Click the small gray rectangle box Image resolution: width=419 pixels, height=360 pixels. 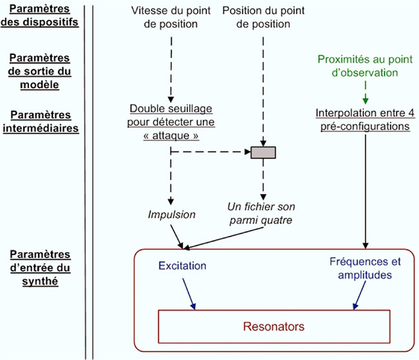point(263,153)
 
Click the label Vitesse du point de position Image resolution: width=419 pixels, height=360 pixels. point(170,19)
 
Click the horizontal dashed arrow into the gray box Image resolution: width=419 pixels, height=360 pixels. point(210,153)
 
